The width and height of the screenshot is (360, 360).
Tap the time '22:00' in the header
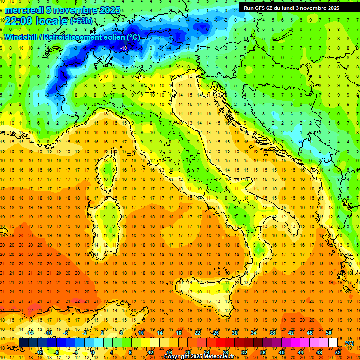click(x=19, y=21)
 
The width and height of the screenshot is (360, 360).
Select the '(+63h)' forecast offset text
click(x=81, y=22)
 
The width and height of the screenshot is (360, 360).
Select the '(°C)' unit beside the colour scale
click(x=349, y=344)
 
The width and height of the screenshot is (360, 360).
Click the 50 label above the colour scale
click(x=329, y=333)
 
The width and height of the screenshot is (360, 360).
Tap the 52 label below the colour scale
click(x=338, y=352)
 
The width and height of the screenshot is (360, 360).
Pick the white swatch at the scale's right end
click(x=333, y=343)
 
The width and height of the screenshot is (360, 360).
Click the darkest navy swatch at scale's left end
click(x=24, y=343)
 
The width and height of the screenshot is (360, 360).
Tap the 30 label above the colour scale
click(x=235, y=333)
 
